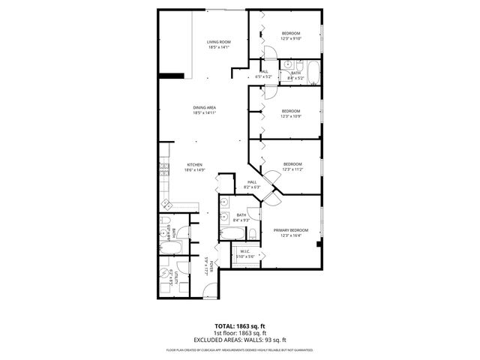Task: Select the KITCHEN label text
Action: (x=195, y=165)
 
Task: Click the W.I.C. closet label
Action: (x=244, y=252)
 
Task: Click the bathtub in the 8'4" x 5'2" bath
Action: (x=313, y=73)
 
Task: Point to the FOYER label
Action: (x=212, y=266)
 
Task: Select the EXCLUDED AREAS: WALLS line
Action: (x=239, y=339)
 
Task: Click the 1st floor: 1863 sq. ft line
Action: (x=239, y=333)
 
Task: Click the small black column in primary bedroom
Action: (x=319, y=244)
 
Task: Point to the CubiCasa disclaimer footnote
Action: (x=239, y=349)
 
